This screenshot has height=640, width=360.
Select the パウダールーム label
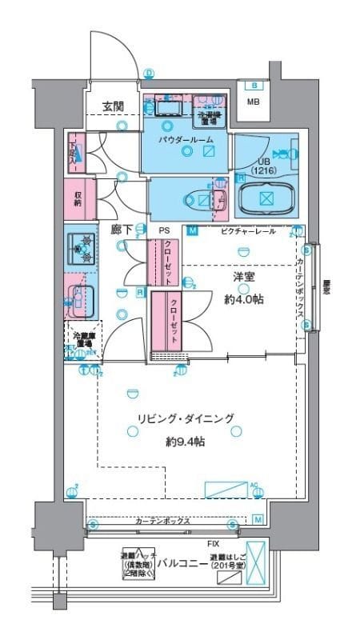185,140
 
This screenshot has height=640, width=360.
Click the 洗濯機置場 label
210,118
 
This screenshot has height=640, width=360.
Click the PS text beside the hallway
163,230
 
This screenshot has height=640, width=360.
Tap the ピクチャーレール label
250,231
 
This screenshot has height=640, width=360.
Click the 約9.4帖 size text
186,440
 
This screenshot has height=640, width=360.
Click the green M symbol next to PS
193,232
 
